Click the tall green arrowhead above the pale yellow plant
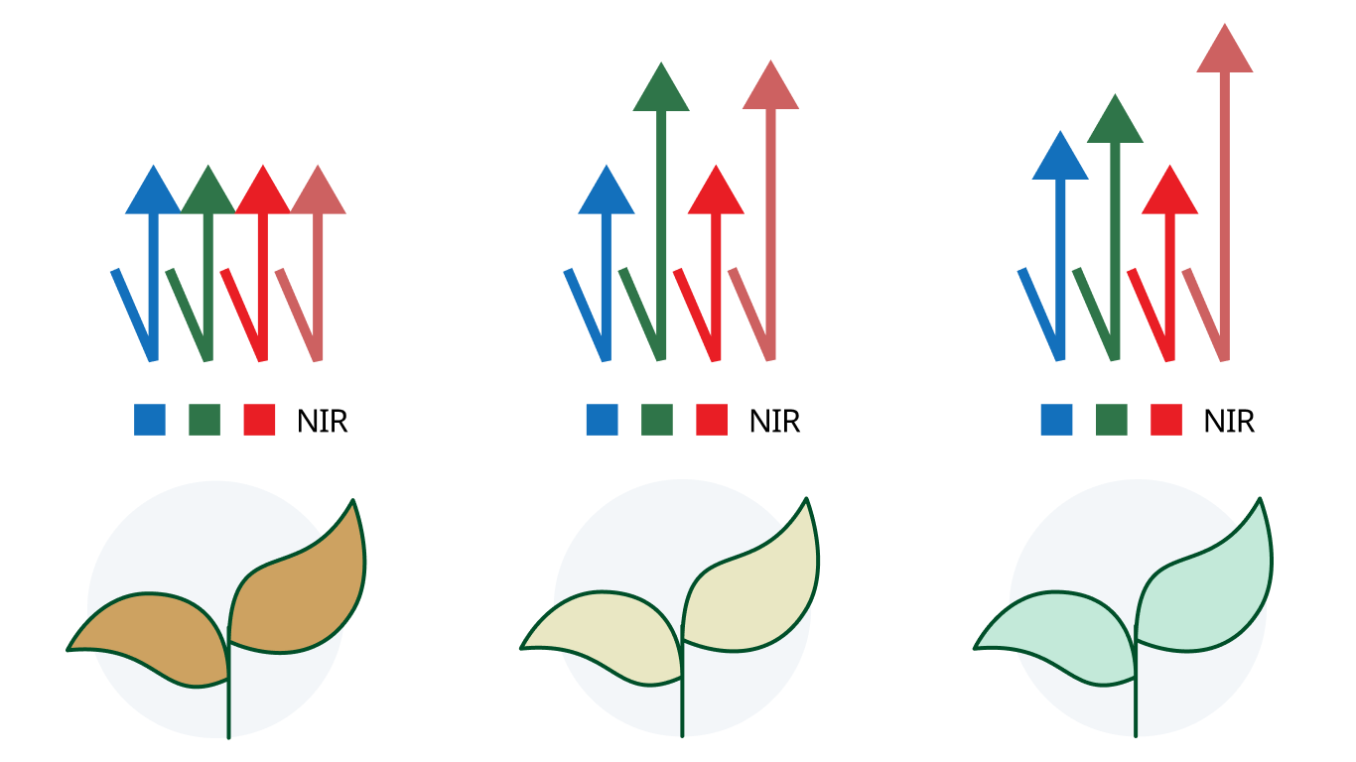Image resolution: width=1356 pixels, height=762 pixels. coord(661,91)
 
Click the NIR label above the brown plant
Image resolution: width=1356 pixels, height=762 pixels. coord(322,422)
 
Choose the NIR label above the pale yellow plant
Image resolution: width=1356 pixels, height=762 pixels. coord(775,422)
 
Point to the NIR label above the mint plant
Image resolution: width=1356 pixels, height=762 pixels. coord(1229,422)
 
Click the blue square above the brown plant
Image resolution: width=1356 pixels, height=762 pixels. coord(150,420)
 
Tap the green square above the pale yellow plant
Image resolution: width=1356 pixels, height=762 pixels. coord(657,420)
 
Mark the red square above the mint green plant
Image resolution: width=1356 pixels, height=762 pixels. coord(1166,420)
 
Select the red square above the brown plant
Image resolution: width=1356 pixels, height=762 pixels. coord(259,420)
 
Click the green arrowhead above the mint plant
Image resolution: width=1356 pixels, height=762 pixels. coord(1115,123)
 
